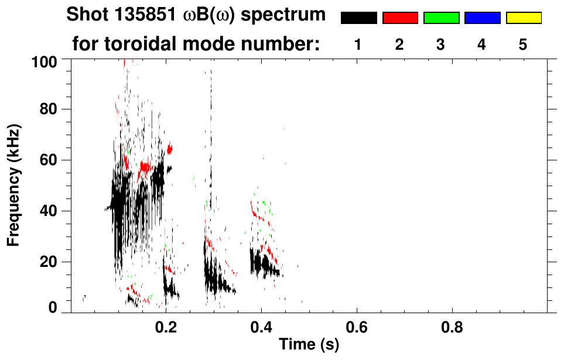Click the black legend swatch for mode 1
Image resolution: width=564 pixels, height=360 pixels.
(x=358, y=18)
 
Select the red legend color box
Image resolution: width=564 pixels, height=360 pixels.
(x=400, y=18)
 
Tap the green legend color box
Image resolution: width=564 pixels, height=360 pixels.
(x=441, y=18)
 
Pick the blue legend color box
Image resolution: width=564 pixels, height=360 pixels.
(x=482, y=18)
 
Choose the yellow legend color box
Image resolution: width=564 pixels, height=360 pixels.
(x=524, y=18)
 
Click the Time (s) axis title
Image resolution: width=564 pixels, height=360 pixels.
(x=308, y=345)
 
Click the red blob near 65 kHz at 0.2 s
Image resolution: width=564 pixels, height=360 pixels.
(x=170, y=149)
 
